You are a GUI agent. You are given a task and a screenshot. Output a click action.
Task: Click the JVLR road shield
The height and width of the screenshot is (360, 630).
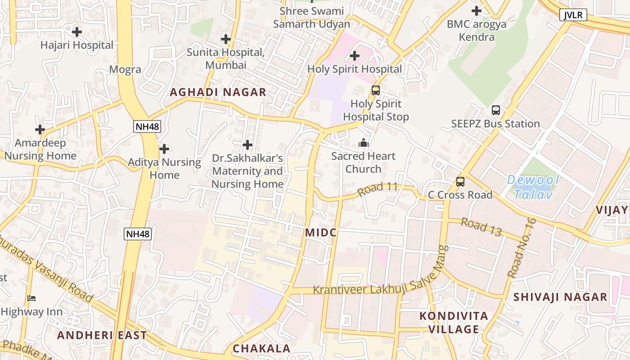573,15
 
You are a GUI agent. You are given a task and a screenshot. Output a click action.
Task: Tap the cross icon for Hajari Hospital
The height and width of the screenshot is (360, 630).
77,32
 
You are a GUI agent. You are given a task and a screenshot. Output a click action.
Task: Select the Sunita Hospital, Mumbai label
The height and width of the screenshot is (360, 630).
225,58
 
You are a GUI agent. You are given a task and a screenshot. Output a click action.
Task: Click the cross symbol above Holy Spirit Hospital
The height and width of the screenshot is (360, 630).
355,56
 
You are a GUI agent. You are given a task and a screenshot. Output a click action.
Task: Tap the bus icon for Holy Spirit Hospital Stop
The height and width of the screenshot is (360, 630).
376,90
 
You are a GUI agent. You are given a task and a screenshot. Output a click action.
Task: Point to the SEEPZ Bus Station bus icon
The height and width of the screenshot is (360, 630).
495,110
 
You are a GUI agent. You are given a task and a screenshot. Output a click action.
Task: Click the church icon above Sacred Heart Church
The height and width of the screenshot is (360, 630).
364,143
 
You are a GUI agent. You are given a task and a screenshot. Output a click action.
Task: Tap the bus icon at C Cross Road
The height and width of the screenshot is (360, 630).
460,182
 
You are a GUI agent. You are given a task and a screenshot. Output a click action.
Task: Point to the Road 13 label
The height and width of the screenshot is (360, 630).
481,227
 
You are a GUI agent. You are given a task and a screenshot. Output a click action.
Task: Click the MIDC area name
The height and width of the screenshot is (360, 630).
321,233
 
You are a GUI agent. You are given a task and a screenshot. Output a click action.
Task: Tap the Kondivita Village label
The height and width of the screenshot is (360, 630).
454,322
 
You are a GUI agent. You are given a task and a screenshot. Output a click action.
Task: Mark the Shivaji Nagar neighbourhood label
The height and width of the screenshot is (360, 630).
560,297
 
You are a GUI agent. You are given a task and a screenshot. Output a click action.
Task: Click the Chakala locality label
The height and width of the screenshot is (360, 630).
261,348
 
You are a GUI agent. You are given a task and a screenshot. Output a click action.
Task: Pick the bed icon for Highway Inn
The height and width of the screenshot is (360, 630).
31,298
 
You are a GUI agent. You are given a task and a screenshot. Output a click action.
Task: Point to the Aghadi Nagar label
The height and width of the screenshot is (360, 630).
218,92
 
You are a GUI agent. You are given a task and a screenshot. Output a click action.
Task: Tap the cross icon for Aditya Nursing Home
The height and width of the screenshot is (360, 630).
164,148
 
